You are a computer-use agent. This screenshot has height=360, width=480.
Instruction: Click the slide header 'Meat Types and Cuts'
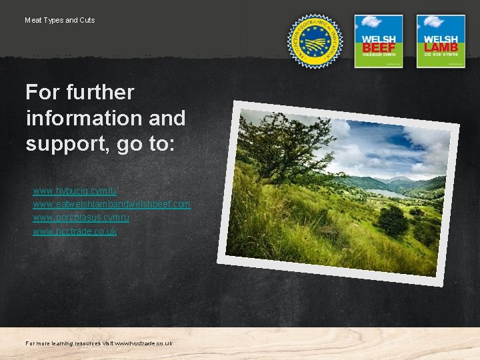point(60,20)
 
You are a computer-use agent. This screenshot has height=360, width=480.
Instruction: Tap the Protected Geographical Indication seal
point(315,41)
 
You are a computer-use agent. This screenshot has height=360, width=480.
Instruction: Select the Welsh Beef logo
point(378,41)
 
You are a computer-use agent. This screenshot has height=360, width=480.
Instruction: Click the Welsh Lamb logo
point(441,41)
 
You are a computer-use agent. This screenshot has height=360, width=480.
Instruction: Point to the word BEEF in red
point(379,48)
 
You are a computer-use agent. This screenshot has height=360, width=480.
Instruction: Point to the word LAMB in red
point(441,48)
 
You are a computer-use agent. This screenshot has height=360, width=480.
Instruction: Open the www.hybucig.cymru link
point(75,191)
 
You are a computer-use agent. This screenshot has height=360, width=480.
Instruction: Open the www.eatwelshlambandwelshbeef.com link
point(111,204)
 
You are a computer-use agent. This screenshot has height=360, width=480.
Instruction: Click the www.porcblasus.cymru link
point(81,218)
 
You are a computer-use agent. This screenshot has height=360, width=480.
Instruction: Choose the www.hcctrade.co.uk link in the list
point(75,231)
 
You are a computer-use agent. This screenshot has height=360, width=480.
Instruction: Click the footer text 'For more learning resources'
point(63,343)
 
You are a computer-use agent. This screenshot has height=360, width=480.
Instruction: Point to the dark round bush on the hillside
point(393,220)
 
